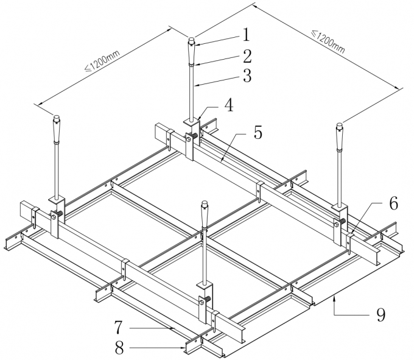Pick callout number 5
pyautogui.click(x=258, y=133)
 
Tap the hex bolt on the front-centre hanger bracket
pyautogui.click(x=203, y=299)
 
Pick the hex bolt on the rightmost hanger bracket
pyautogui.click(x=337, y=223)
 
